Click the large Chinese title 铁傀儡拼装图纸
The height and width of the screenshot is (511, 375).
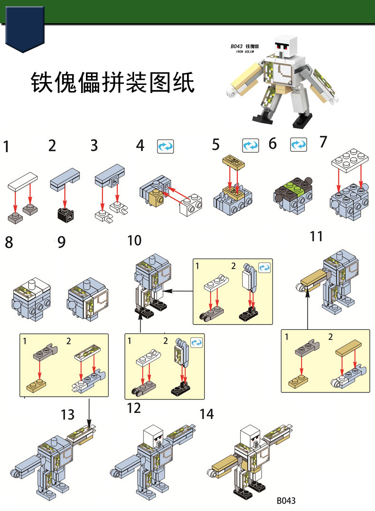click(x=112, y=82)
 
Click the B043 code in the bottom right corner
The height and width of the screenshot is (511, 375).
click(x=286, y=501)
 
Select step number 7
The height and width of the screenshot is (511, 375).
click(x=323, y=142)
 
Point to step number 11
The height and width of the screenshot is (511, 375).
click(x=316, y=235)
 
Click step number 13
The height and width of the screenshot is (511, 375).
click(x=68, y=415)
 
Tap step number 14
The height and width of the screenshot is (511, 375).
click(x=206, y=414)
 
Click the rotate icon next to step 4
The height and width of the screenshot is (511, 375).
click(x=166, y=146)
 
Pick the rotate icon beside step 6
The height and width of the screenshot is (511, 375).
click(x=298, y=145)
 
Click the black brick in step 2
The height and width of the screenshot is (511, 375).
click(x=65, y=214)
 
